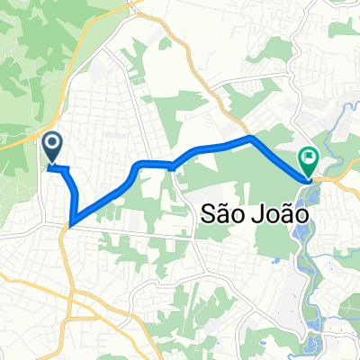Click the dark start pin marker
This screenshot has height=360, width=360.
point(51,147)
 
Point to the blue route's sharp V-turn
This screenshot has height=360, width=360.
point(69,221)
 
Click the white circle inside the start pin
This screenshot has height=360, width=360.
point(51,142)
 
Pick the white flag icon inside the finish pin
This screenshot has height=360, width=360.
point(308,157)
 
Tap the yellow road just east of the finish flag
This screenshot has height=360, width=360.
point(333,178)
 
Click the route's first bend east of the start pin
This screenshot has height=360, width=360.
point(65,168)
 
